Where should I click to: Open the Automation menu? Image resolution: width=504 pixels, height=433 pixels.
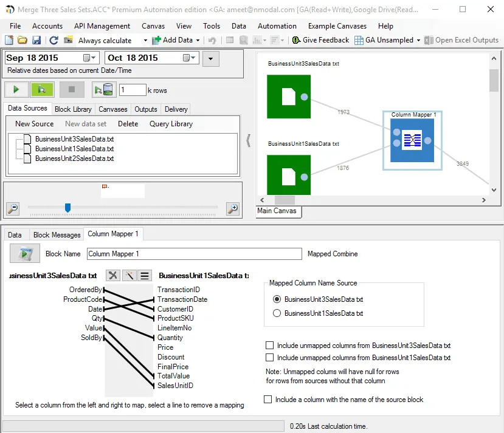click(x=277, y=26)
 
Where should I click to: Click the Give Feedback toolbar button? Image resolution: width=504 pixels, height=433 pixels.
click(x=320, y=40)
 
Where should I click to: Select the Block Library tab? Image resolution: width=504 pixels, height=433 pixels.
click(x=73, y=109)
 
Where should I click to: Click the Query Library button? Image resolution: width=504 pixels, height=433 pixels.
click(x=171, y=124)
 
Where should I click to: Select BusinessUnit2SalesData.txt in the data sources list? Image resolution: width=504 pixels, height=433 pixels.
click(x=74, y=159)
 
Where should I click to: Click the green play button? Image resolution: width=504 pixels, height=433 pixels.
click(x=16, y=90)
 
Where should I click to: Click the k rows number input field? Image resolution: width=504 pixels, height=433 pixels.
click(x=132, y=90)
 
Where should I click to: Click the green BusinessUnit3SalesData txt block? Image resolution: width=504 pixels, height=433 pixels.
click(x=288, y=97)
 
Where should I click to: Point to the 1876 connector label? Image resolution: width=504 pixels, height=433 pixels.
click(x=343, y=168)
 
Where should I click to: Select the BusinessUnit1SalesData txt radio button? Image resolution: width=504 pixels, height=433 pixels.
click(x=277, y=313)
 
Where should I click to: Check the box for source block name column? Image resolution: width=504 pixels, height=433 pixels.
click(x=268, y=400)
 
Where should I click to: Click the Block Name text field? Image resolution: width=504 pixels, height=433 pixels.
click(x=194, y=254)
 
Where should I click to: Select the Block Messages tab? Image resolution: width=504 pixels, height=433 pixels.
click(x=57, y=235)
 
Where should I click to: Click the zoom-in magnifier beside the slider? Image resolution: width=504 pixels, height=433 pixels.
click(x=232, y=208)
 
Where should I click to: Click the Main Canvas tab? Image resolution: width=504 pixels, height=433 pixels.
click(x=277, y=211)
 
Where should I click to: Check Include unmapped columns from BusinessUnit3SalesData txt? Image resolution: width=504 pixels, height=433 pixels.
click(x=270, y=346)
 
